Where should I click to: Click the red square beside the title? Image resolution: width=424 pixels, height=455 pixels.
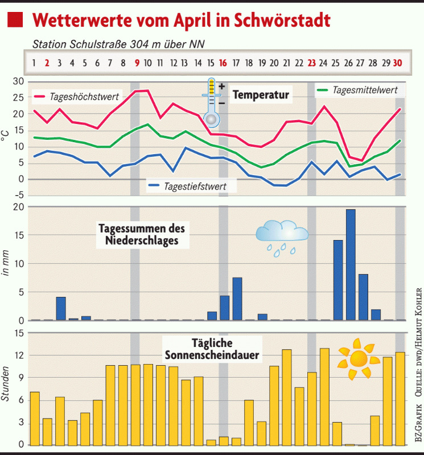click(15, 20)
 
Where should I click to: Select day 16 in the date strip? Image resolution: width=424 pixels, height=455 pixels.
click(223, 63)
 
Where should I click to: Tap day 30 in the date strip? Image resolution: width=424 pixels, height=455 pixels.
click(399, 63)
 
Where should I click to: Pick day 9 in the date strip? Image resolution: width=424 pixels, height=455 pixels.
click(136, 63)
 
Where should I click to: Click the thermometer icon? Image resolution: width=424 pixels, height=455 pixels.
click(212, 102)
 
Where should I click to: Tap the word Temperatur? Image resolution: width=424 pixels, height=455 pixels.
click(261, 94)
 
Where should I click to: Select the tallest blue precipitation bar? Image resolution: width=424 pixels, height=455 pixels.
click(351, 264)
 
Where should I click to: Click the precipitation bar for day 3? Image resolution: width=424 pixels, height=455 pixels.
click(61, 308)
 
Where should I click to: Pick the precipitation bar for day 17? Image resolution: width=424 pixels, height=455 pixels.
click(237, 299)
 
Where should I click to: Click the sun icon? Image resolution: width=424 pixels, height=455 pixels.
click(358, 359)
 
